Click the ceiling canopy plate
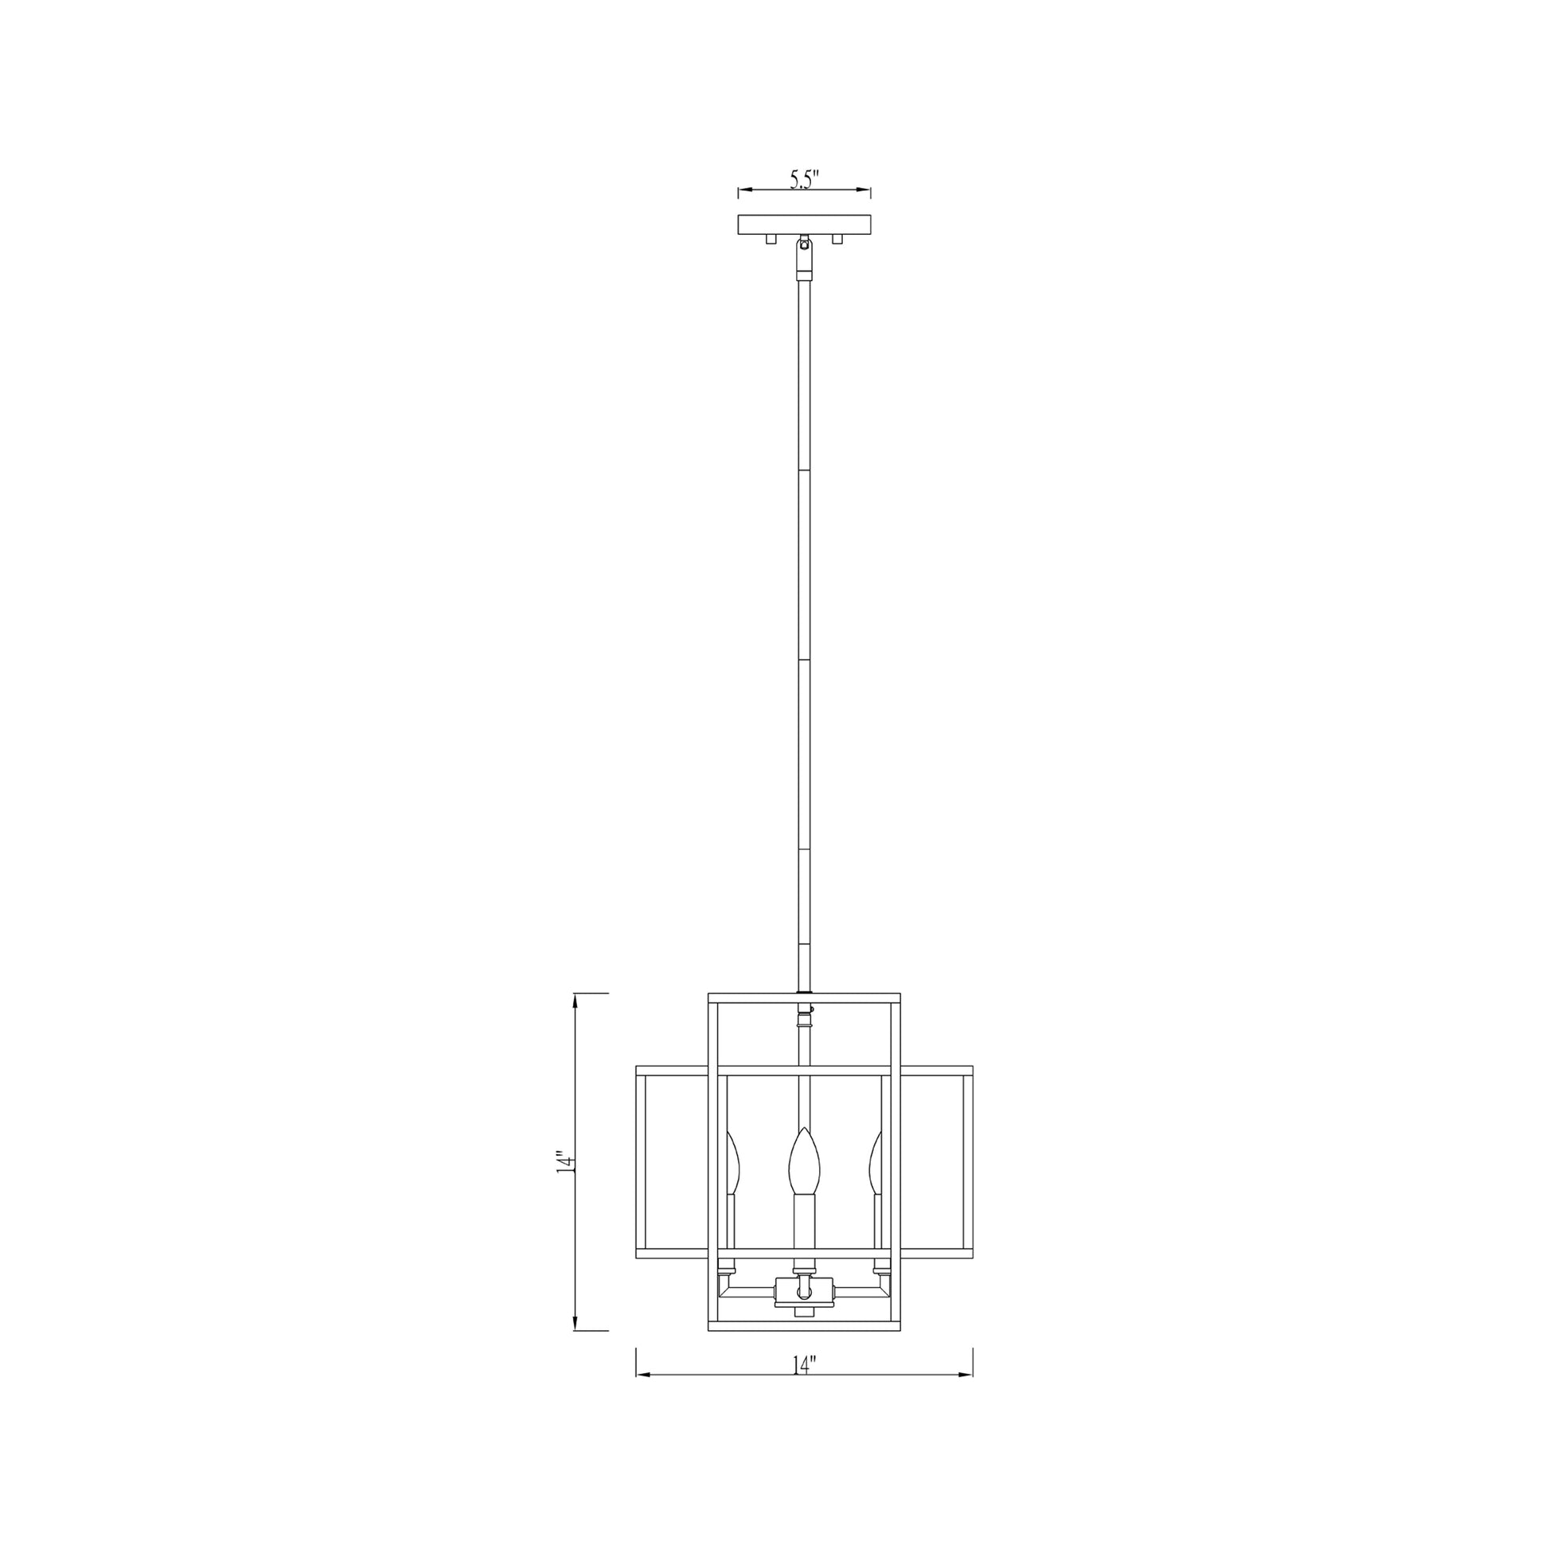point(804,224)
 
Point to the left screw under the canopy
point(771,239)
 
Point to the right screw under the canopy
point(838,239)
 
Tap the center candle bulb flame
point(804,1162)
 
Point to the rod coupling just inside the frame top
point(804,1022)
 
